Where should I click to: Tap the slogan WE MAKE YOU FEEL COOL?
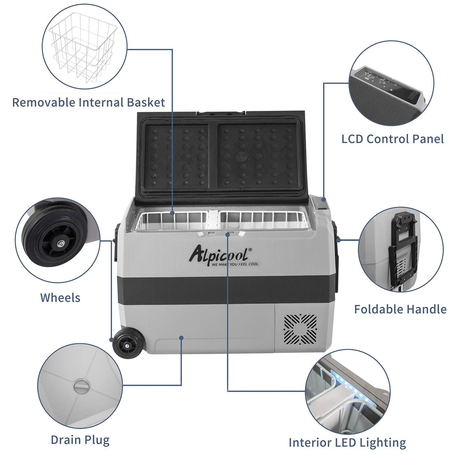235,264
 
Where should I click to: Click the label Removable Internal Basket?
89,102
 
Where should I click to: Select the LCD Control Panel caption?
392,139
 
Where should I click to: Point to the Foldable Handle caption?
400,309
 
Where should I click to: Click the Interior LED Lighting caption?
347,443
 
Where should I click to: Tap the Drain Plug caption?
80,440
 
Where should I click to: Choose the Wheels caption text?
60,298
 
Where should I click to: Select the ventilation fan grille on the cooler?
300,329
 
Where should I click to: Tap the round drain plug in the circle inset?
81,387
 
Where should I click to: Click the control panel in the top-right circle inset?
388,84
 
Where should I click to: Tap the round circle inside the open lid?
242,157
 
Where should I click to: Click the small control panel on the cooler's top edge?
319,203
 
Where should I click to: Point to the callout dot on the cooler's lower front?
181,338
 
